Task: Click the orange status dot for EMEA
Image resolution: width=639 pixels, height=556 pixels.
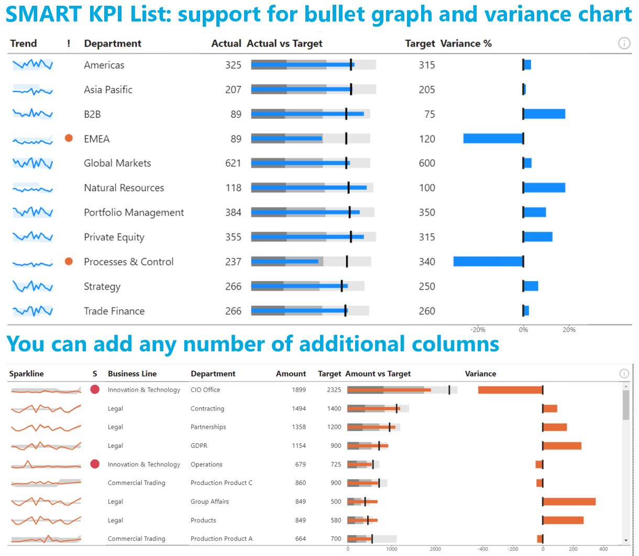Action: coord(69,138)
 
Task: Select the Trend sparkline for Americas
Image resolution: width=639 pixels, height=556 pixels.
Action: coord(32,65)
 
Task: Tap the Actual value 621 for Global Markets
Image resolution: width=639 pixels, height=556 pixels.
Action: coord(233,163)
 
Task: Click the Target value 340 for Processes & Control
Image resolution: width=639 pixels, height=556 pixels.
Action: coord(427,262)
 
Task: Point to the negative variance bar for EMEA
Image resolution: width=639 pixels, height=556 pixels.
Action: coord(493,139)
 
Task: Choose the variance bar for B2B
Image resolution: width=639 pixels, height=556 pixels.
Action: coord(544,114)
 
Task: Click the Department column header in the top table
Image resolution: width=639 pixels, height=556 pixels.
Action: coord(113,43)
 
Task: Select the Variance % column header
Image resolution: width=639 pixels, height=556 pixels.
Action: coord(466,43)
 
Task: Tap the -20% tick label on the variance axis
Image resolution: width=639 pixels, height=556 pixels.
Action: coord(478,330)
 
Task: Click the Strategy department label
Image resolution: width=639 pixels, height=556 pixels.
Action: coord(102,286)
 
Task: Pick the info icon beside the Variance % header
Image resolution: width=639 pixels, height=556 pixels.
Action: coord(624,43)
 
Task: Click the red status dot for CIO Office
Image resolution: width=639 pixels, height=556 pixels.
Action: coord(95,390)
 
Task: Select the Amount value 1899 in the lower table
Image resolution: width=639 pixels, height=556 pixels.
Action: coord(299,390)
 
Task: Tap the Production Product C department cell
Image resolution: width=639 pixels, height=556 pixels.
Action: coord(221,483)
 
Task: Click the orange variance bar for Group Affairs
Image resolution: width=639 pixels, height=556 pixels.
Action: coord(569,502)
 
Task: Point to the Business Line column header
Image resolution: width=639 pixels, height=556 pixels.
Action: coord(132,374)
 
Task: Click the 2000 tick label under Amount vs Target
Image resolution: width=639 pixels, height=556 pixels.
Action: coord(435,549)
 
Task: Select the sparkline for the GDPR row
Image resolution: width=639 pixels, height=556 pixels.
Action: coord(46,446)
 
